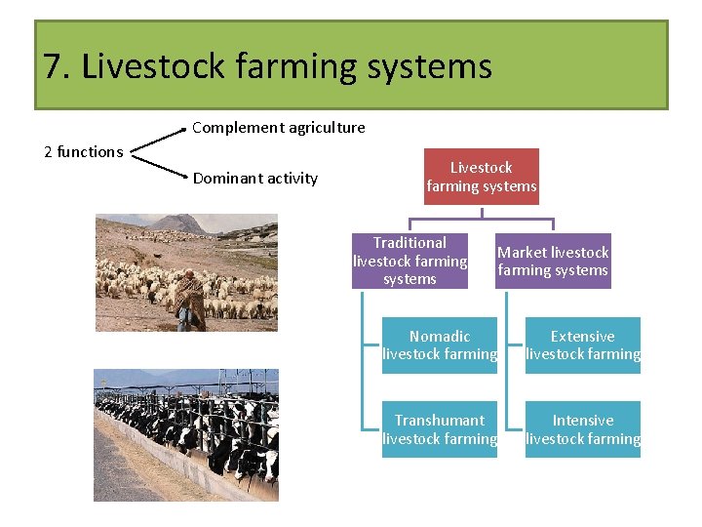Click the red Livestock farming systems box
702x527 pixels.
pyautogui.click(x=482, y=177)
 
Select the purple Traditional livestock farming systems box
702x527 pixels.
pyautogui.click(x=409, y=261)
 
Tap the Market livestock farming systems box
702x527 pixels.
pyautogui.click(x=552, y=261)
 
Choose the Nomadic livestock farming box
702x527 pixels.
pyautogui.click(x=440, y=345)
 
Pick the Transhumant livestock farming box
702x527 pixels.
pyautogui.click(x=440, y=429)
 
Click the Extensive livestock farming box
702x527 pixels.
pyautogui.click(x=583, y=345)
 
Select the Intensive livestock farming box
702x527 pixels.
pyautogui.click(x=583, y=429)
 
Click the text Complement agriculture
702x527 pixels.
pyautogui.click(x=279, y=127)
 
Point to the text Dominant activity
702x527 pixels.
pyautogui.click(x=255, y=178)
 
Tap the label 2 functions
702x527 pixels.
pyautogui.click(x=84, y=151)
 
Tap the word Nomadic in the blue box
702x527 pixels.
pyautogui.click(x=440, y=336)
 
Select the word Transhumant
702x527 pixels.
pyautogui.click(x=440, y=420)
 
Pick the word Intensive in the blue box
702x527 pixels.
pyautogui.click(x=583, y=420)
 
